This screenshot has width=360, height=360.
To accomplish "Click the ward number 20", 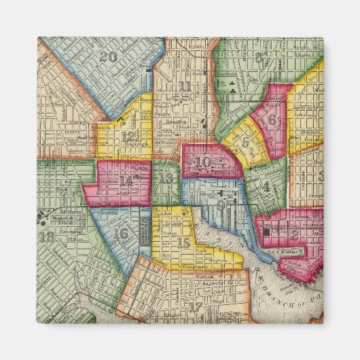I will (x=108, y=57).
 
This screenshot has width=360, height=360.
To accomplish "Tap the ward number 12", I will (x=128, y=136).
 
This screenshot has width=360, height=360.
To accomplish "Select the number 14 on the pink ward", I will (x=126, y=181).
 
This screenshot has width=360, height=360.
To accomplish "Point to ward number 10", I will (x=203, y=162).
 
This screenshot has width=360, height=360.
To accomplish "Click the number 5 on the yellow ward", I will (x=245, y=142).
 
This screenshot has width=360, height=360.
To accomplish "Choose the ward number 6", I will (x=272, y=120).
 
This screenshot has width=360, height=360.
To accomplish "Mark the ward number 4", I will (x=266, y=185).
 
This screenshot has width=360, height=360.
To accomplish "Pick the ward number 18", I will (x=47, y=237).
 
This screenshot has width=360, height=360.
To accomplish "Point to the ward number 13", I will (x=166, y=178).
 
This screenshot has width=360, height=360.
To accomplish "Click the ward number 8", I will (x=260, y=56).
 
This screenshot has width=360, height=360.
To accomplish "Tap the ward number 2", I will (x=294, y=234).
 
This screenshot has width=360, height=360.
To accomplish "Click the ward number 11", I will (x=185, y=86).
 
